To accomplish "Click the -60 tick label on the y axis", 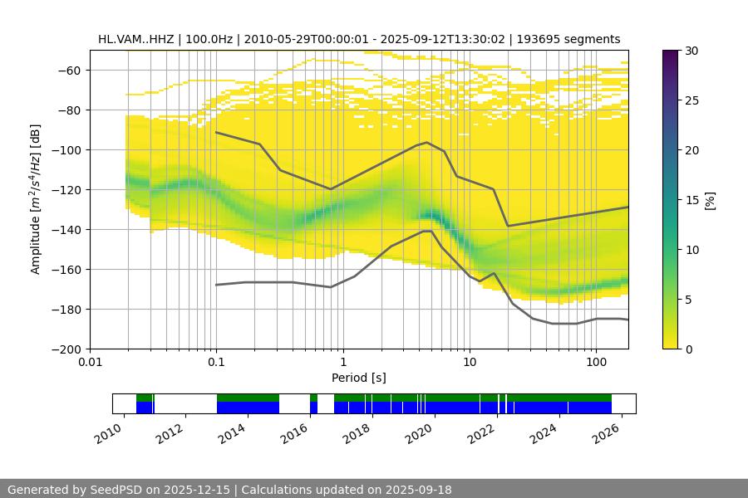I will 68,70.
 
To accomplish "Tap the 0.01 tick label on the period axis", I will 90,363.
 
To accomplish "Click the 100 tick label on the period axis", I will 596,363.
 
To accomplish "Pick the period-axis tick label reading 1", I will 342,363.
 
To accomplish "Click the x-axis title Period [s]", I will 359,378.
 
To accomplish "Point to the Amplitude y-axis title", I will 35,199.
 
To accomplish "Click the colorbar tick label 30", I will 692,51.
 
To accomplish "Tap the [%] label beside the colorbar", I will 710,200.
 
